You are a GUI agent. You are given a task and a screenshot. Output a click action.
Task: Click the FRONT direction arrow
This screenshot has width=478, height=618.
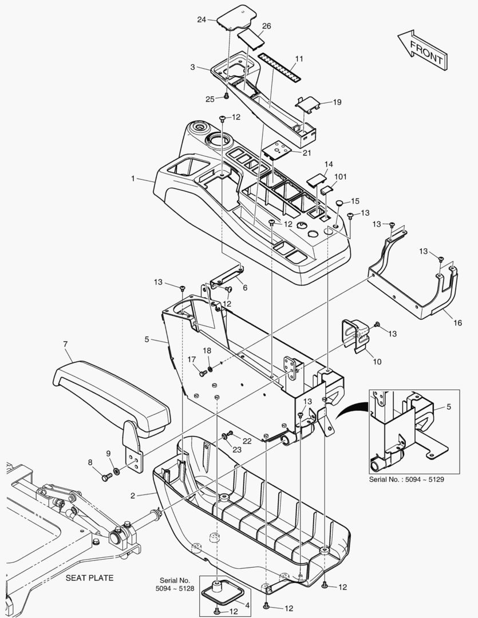click(421, 50)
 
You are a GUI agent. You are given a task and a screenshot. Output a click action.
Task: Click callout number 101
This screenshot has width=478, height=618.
click(341, 177)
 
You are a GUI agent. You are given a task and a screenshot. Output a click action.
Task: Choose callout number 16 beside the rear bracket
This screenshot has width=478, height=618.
click(457, 323)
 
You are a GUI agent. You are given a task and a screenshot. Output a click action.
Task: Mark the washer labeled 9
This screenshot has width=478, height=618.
click(117, 471)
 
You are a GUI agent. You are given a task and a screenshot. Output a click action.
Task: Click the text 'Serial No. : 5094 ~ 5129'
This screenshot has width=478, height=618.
click(406, 479)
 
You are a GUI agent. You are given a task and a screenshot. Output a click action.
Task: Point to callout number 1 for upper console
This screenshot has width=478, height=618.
click(133, 179)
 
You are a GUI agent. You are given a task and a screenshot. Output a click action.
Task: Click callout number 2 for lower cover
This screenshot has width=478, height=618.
click(133, 495)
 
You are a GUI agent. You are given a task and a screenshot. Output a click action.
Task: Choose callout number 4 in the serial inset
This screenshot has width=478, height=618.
click(247, 605)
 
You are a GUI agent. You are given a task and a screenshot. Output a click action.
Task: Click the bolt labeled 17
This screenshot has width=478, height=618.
click(203, 373)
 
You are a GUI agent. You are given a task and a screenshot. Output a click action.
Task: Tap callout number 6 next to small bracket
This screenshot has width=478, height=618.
click(244, 288)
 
